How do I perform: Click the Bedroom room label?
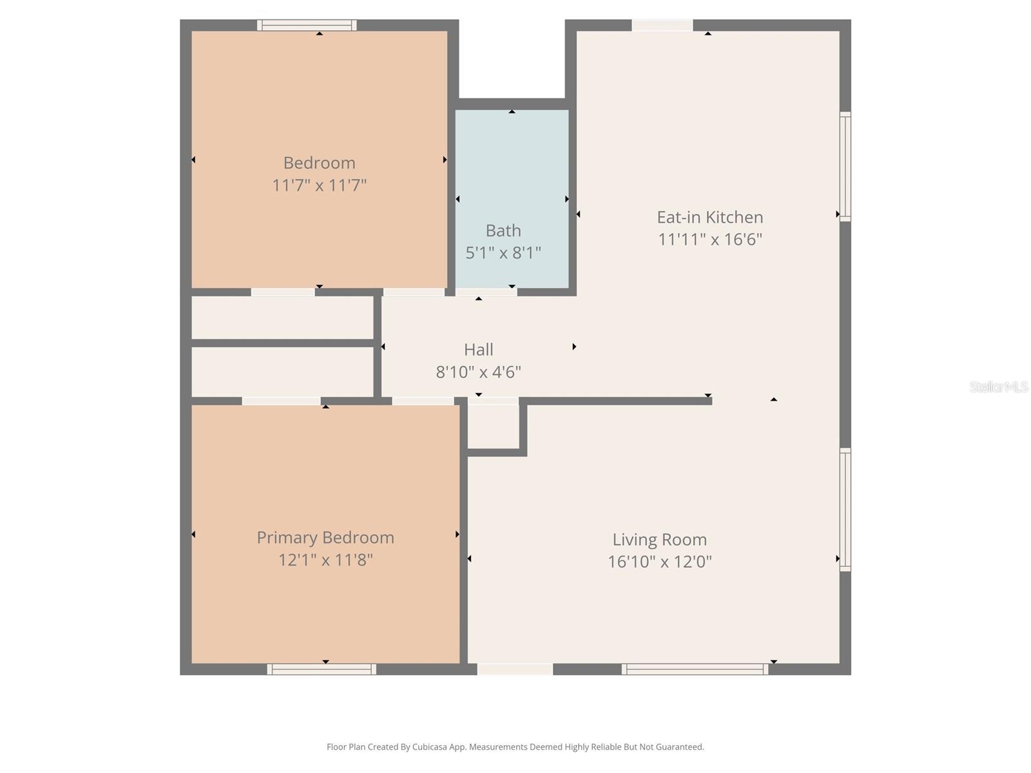[x=319, y=163]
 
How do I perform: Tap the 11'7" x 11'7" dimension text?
[x=319, y=186]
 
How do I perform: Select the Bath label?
[x=503, y=231]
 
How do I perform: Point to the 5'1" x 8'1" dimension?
[x=503, y=253]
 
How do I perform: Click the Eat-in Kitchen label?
[x=709, y=217]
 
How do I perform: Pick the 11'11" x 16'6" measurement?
[x=709, y=240]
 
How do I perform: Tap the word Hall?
[x=478, y=350]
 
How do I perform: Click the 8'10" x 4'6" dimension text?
[x=478, y=372]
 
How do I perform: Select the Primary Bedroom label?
[x=325, y=538]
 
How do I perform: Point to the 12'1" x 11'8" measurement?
[x=325, y=560]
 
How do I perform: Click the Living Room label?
[x=659, y=540]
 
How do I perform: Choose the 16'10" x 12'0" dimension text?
[x=659, y=562]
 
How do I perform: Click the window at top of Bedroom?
[x=307, y=26]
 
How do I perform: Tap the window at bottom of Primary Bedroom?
[x=322, y=669]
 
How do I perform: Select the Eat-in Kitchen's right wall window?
[x=845, y=166]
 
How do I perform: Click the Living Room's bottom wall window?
[x=695, y=669]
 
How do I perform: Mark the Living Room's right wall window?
[x=845, y=510]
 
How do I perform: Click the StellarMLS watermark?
[x=998, y=387]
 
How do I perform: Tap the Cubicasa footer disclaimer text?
[x=515, y=747]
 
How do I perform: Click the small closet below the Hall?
[x=493, y=426]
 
